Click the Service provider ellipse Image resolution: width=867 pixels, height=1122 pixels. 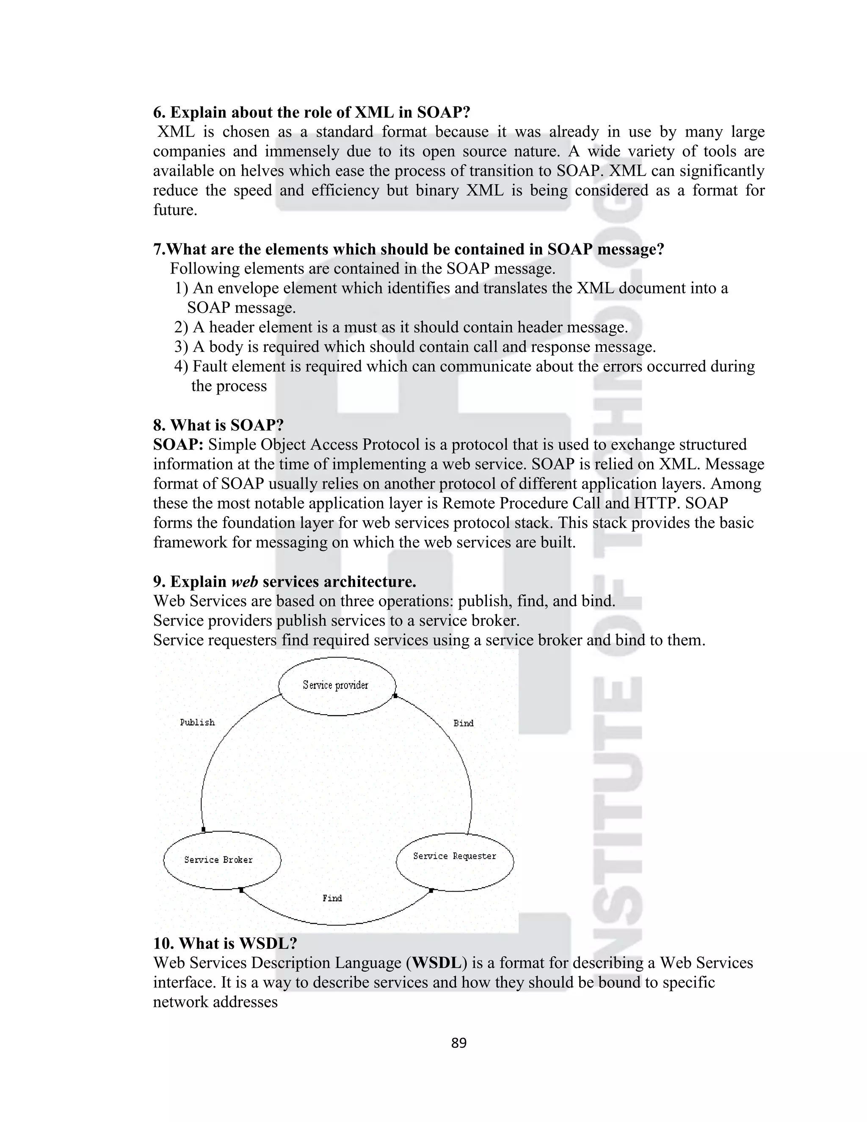coord(337,686)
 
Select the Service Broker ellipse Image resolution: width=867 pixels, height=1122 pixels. coord(222,860)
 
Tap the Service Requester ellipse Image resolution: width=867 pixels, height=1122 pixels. coord(455,857)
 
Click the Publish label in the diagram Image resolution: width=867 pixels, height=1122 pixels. coord(197,722)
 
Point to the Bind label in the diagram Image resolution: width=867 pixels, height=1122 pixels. coord(463,723)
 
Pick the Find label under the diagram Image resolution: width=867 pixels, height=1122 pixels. coord(332,898)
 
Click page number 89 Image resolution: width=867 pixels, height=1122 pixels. coord(458,1043)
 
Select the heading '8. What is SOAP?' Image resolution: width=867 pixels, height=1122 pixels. coord(218,426)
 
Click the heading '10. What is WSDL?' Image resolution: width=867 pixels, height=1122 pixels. coord(225,943)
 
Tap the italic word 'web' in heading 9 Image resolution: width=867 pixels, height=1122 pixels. coord(245,582)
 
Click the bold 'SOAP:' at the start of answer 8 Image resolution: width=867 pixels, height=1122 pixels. coord(178,445)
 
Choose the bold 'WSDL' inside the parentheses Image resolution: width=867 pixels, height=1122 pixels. coord(436,963)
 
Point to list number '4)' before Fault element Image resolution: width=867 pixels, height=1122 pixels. coord(181,366)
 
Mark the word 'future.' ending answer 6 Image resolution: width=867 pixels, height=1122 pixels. coord(175,210)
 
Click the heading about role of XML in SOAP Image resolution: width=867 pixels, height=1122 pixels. coord(312,112)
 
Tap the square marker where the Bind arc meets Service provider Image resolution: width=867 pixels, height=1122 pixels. coord(395,696)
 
